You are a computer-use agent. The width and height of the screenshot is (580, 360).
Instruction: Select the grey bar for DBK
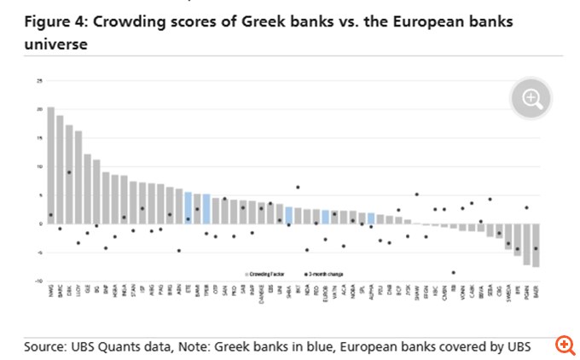[69, 174]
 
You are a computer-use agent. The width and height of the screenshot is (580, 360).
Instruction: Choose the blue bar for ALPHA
[371, 218]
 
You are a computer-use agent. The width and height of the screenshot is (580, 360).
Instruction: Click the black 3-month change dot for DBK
[69, 172]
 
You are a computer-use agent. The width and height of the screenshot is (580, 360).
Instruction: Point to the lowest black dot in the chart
[453, 273]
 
